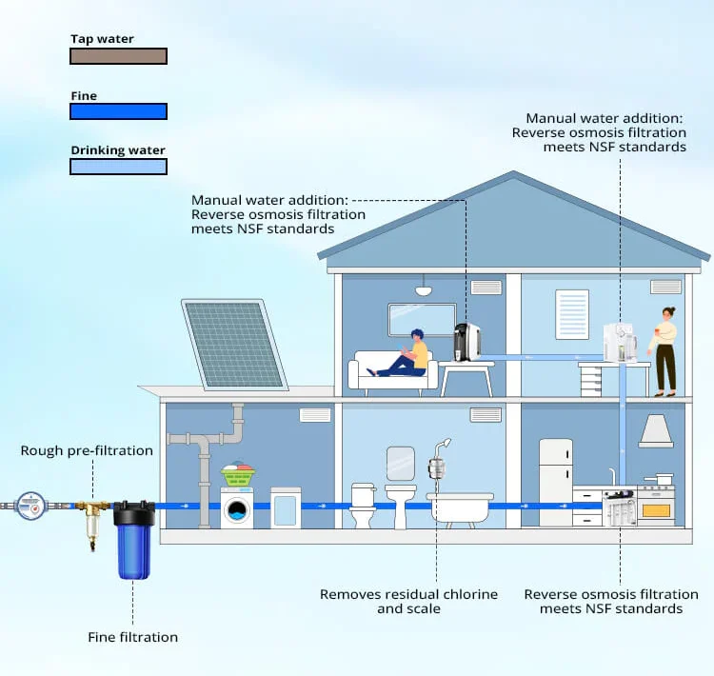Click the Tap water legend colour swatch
coord(118,56)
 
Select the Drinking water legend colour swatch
coord(118,167)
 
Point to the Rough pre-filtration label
coord(87,450)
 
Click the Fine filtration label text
coord(132,637)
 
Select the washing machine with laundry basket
coord(238,502)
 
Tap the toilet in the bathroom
coord(364,506)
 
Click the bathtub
coord(460,507)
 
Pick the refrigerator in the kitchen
coord(555,480)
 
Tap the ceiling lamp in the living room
coord(424,288)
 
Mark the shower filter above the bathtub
coord(437,468)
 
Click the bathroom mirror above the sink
coord(401,462)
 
